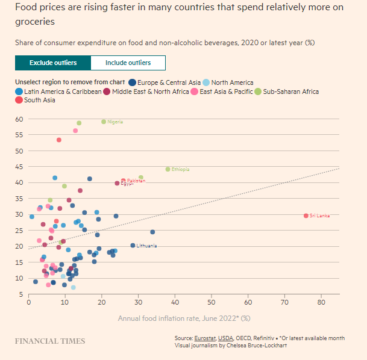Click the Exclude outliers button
tap(52, 63)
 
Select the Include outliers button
tap(128, 63)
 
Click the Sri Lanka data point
tap(306, 216)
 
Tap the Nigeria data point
tap(104, 122)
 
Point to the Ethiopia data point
tap(168, 169)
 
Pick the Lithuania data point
tap(133, 246)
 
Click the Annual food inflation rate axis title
tap(183, 318)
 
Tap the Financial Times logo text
tap(50, 341)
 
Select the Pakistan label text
tap(136, 181)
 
